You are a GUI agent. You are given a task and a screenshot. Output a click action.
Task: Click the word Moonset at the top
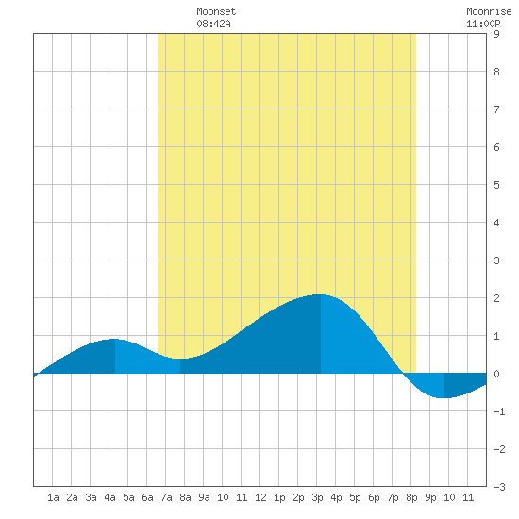[216, 11]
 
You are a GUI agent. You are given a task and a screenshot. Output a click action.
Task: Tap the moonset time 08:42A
[213, 24]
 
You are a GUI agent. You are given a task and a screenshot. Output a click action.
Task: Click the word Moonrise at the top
[489, 11]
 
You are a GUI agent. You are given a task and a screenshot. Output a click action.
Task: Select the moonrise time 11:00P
[483, 24]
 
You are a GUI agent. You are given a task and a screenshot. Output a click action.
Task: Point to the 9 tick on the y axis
[496, 34]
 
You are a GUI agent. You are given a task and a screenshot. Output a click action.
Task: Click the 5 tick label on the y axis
[496, 185]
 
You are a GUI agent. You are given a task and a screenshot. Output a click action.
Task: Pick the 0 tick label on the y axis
[496, 374]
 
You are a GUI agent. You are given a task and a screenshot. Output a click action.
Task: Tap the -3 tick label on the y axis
[499, 487]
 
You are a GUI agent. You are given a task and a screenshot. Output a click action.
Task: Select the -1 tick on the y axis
[499, 411]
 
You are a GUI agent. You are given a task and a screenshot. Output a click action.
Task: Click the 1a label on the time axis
[53, 497]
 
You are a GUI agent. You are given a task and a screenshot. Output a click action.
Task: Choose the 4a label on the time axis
[109, 497]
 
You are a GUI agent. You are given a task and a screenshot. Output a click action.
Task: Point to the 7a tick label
[166, 497]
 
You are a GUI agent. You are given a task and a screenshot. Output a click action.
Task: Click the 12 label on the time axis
[260, 497]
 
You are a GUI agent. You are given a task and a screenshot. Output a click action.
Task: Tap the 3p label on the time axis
[317, 497]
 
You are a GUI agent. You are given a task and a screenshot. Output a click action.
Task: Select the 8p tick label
[411, 497]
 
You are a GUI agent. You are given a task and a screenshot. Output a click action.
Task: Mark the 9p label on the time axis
[430, 497]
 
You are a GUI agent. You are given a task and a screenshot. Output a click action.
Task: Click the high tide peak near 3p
[321, 294]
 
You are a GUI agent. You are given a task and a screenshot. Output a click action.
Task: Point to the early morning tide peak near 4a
[114, 339]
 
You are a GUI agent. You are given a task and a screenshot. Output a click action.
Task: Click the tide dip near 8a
[180, 359]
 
